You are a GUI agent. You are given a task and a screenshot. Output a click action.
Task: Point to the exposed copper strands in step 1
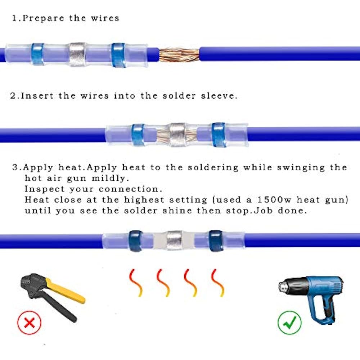179,54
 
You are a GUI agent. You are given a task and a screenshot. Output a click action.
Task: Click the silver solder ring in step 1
77,54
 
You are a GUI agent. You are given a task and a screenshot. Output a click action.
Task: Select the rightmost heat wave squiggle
218,283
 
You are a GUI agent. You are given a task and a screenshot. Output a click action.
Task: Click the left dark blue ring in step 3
136,241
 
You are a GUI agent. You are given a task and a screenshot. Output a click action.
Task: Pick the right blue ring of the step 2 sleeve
219,135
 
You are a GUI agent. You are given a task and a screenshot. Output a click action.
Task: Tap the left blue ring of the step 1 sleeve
37,54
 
